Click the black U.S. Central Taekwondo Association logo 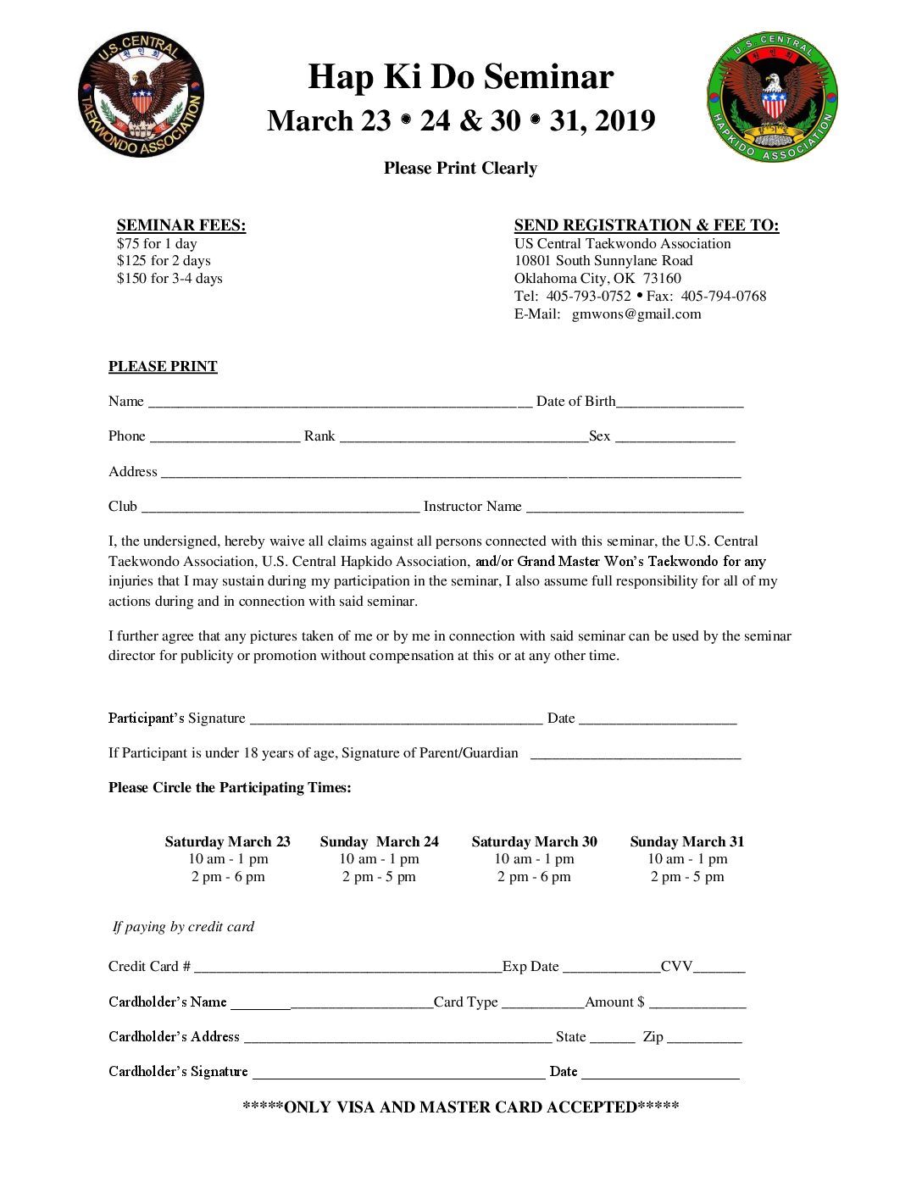tap(141, 95)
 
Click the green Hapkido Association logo tap(772, 97)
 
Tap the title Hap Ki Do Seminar tap(460, 77)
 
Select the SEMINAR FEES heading tap(181, 225)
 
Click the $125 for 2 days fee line tap(164, 261)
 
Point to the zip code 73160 tap(662, 279)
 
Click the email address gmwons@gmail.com tap(636, 314)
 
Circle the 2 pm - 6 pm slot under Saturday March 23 tap(228, 877)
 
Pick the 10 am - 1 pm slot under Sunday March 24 tap(379, 859)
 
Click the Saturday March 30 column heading tap(534, 841)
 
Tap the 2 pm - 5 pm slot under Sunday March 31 tap(687, 877)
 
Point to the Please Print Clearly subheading tap(460, 168)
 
